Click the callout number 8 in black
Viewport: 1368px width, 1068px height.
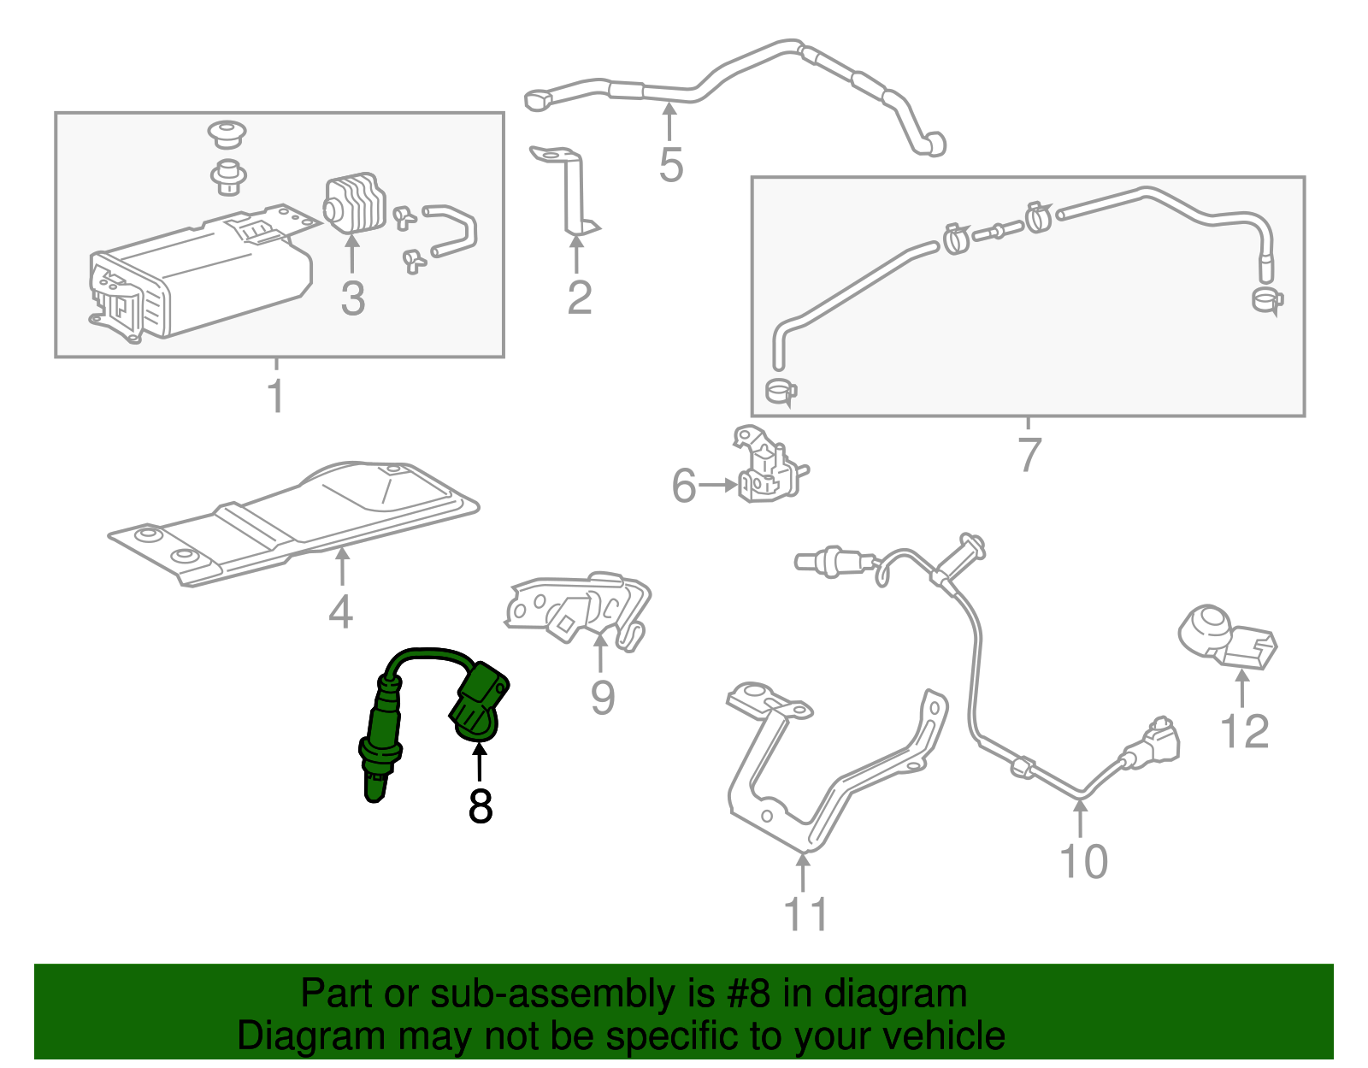(x=481, y=805)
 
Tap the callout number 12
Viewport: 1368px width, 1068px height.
(x=1244, y=732)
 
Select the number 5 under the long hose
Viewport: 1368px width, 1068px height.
(x=670, y=165)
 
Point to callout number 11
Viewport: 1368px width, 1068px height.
(x=805, y=914)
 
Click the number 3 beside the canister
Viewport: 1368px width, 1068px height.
(x=352, y=299)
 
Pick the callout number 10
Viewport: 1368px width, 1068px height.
(x=1083, y=861)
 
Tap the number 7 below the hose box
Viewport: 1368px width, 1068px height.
(x=1029, y=454)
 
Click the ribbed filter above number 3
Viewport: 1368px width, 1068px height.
(x=352, y=204)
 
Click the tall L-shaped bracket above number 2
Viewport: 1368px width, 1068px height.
(x=569, y=192)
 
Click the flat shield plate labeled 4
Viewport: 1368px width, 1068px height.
(x=291, y=522)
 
